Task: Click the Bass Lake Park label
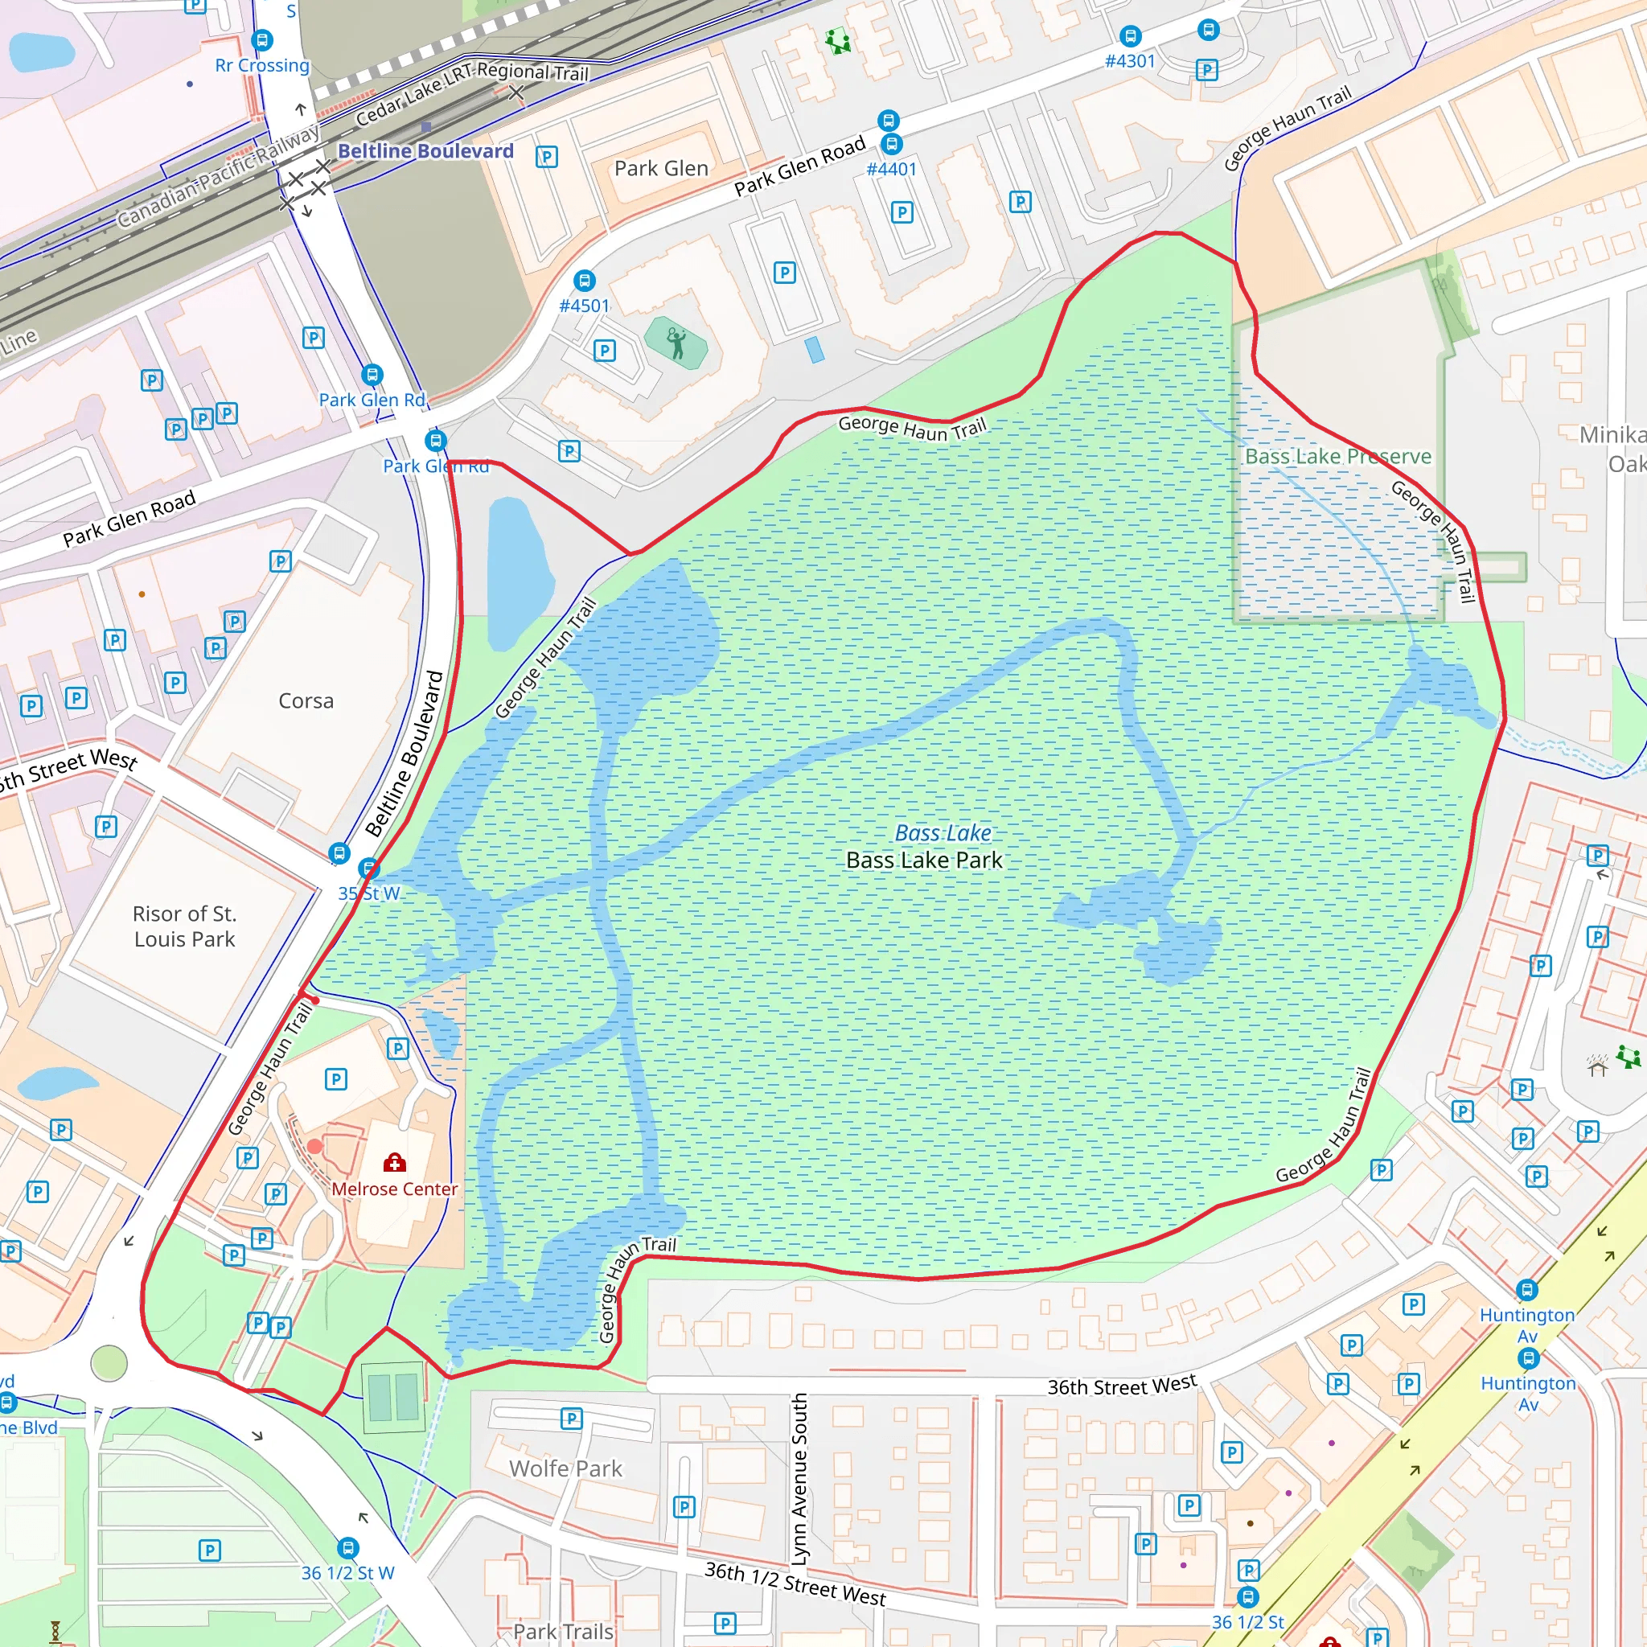tap(924, 860)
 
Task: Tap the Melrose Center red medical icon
tap(394, 1162)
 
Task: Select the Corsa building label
tap(306, 700)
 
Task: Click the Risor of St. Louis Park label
tap(184, 926)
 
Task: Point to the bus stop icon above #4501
tap(584, 281)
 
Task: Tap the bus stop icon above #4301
tap(1130, 37)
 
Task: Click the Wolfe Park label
tap(565, 1468)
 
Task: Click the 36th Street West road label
tap(1122, 1386)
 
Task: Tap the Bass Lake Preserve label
tap(1337, 456)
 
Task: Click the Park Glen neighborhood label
tap(661, 168)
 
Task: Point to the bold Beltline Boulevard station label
tap(425, 151)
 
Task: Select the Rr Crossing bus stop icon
tap(262, 40)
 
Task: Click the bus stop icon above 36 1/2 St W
tap(347, 1548)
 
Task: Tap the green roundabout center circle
tap(109, 1364)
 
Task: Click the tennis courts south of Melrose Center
tap(393, 1398)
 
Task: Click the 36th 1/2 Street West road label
tap(795, 1583)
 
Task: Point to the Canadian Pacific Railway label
tap(217, 176)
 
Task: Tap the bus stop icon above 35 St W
tap(368, 869)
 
